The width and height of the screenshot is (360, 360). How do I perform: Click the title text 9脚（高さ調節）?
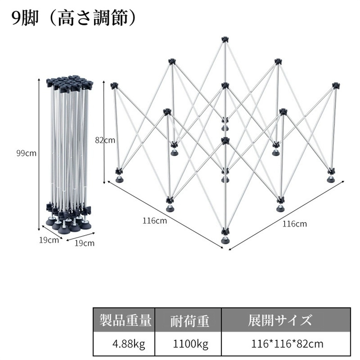pos(74,18)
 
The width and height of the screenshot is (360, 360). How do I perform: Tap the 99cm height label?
pos(26,153)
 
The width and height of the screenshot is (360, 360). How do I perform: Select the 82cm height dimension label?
pos(105,140)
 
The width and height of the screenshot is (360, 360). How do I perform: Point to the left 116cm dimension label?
pos(155,221)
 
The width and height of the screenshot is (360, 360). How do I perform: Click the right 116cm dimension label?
pos(295,224)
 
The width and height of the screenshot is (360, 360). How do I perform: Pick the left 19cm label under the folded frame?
pos(49,240)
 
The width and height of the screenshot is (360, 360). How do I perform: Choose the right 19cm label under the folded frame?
pos(84,243)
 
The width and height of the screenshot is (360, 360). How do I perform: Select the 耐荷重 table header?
pos(190,321)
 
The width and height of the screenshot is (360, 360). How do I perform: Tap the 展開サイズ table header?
pos(280,320)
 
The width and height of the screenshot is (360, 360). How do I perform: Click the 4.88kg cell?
pos(129,344)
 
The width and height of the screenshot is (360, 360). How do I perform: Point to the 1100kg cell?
pos(191,344)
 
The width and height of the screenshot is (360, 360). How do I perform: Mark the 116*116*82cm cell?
pos(287,344)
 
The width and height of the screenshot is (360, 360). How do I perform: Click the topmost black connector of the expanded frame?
pos(225,39)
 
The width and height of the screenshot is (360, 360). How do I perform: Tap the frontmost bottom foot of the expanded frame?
pos(225,240)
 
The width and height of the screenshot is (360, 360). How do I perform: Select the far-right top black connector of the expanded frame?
pos(336,85)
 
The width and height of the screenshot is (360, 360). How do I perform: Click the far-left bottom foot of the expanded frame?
pos(120,180)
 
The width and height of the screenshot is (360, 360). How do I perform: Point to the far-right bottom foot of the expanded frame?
pos(331,180)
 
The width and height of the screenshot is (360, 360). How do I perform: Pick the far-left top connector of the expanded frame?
pos(114,86)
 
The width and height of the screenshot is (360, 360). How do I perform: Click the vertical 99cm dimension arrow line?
pos(39,155)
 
